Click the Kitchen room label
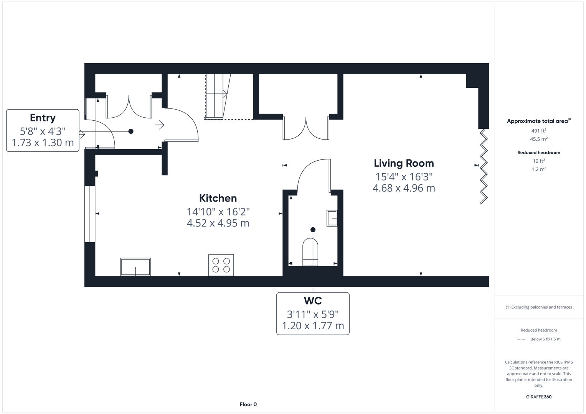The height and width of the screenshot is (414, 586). tap(218, 198)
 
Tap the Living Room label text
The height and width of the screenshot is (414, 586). tap(404, 163)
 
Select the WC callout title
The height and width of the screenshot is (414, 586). tap(312, 301)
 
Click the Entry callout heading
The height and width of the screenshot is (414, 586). tap(43, 118)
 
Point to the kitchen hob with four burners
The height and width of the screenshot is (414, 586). tap(221, 265)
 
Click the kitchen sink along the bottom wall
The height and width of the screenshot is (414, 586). tap(135, 267)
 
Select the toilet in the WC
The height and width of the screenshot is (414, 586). tap(310, 252)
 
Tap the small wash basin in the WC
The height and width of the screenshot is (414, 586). tap(332, 218)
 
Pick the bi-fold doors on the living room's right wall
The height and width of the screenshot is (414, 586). tap(484, 166)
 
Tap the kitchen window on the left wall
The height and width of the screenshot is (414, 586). tap(89, 214)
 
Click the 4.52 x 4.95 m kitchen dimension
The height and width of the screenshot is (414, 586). tap(218, 223)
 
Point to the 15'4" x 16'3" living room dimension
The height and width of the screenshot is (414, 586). tap(404, 177)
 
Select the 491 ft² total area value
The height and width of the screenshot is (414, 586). tap(538, 131)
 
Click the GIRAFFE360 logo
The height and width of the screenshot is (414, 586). tap(538, 397)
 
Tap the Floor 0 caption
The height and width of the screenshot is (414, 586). tap(248, 404)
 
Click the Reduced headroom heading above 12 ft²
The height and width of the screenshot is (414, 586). tap(538, 153)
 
